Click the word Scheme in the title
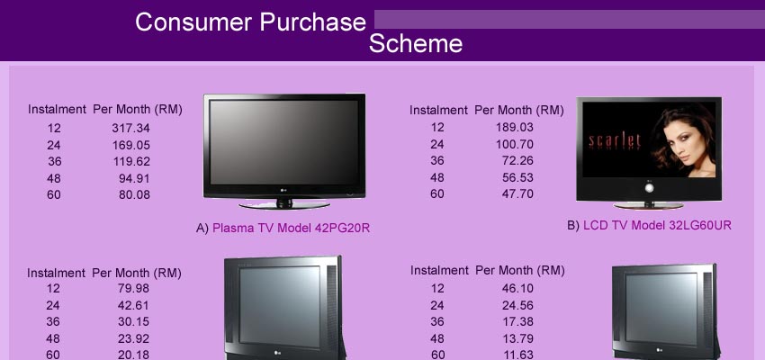[x=416, y=43]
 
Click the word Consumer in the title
[x=193, y=22]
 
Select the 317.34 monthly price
[x=130, y=129]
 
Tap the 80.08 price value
[x=135, y=195]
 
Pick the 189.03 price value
[x=515, y=127]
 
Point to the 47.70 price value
[x=517, y=194]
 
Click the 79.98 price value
[x=133, y=289]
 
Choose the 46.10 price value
[x=517, y=289]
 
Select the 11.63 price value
[x=517, y=354]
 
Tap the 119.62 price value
[x=130, y=161]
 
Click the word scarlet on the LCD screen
[x=615, y=141]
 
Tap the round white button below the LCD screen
[x=649, y=188]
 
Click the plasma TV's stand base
[x=284, y=205]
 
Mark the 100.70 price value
[x=515, y=144]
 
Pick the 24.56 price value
[x=517, y=305]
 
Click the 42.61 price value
[x=133, y=305]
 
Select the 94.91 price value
[x=135, y=178]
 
